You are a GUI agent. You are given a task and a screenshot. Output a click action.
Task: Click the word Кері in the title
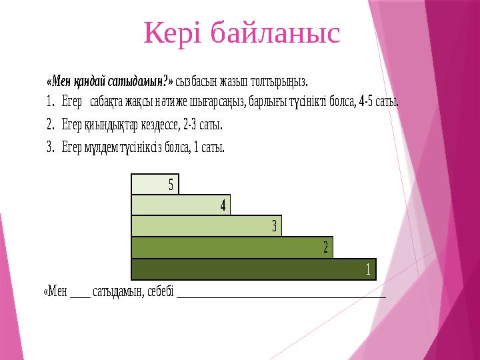[x=173, y=33]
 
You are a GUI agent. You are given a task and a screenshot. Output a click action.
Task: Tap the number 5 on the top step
[x=171, y=185]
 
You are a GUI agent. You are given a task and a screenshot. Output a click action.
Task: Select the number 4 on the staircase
[x=223, y=205]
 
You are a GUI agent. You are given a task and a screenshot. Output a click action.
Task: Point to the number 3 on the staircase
[x=274, y=226]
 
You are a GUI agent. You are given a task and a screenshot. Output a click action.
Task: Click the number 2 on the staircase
[x=326, y=247]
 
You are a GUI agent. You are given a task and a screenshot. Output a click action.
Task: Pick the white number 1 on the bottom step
[x=368, y=269]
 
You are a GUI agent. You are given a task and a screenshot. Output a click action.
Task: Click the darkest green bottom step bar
[x=254, y=269]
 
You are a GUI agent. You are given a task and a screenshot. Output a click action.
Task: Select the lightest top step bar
[x=155, y=184]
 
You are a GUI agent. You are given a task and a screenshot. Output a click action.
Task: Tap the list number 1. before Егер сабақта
[x=50, y=101]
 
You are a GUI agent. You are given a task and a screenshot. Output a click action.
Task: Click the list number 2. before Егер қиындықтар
[x=51, y=124]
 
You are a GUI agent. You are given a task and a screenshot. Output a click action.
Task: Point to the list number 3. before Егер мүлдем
[x=51, y=147]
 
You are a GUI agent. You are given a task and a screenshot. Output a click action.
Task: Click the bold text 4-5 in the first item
[x=366, y=101]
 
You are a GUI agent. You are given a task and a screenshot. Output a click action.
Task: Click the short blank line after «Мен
[x=80, y=297]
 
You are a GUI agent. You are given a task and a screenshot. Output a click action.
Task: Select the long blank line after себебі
[x=281, y=297]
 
